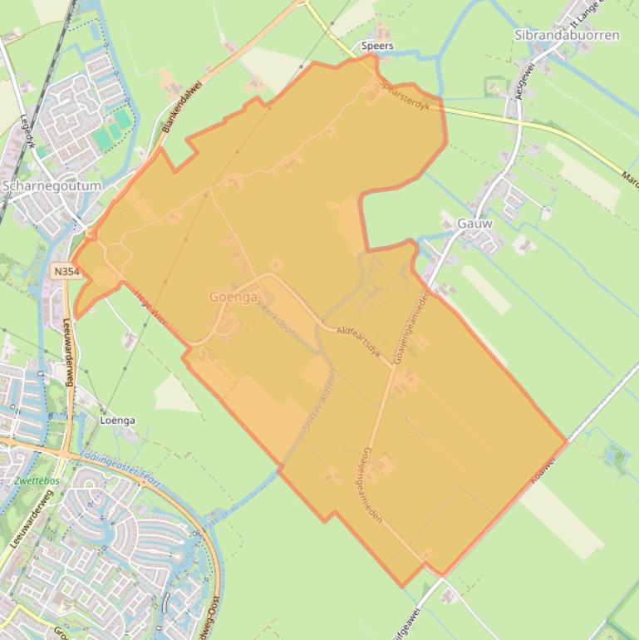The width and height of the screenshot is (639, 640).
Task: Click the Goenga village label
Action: pyautogui.click(x=233, y=296)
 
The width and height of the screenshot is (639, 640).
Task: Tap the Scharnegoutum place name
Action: pyautogui.click(x=52, y=185)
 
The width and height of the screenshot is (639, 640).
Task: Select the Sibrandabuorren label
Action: pyautogui.click(x=567, y=36)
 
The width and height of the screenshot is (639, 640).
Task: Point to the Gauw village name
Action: pyautogui.click(x=474, y=223)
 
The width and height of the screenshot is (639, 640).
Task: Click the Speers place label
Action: pyautogui.click(x=378, y=46)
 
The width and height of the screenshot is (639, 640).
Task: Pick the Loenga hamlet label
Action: pyautogui.click(x=117, y=420)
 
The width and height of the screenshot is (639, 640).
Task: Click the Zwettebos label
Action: pyautogui.click(x=36, y=480)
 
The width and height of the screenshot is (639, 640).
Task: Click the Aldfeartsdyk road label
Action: pyautogui.click(x=359, y=342)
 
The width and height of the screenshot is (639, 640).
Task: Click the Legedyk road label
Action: pyautogui.click(x=25, y=132)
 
